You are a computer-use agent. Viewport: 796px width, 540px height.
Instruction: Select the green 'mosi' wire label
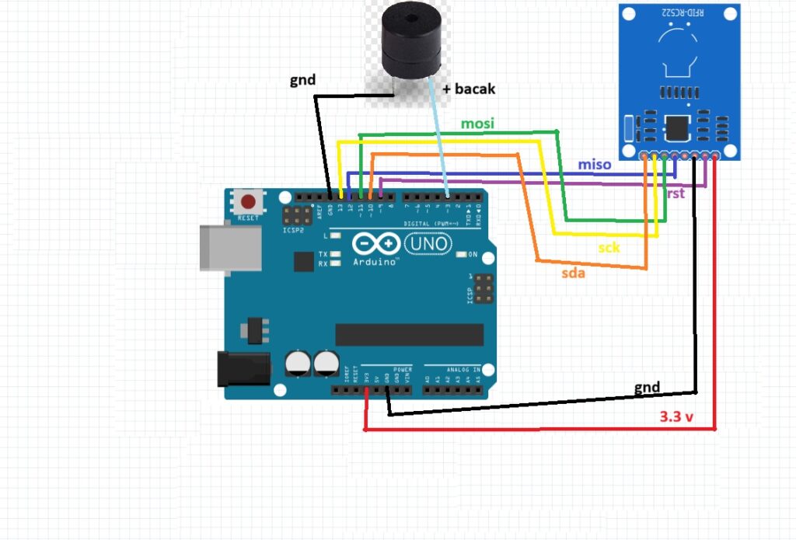coord(478,124)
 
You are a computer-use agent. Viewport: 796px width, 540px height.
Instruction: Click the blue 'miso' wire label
coord(594,165)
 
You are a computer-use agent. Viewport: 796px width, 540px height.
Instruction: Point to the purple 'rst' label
coord(676,193)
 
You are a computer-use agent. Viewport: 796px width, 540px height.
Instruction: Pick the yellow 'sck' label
coord(609,249)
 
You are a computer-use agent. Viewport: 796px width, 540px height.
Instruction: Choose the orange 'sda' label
coord(574,273)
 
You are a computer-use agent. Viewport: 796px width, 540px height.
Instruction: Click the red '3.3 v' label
coord(676,417)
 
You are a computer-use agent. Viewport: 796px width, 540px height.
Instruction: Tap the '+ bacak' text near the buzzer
coord(469,89)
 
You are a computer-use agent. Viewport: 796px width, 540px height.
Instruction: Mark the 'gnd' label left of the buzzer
coord(302,80)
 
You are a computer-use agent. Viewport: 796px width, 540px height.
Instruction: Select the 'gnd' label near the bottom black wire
coord(647,387)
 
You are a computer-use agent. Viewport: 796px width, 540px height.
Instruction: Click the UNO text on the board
coord(428,243)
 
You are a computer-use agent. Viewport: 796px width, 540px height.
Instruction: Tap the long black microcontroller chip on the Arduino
coord(410,334)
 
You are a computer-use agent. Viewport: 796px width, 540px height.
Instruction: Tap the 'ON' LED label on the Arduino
coord(472,254)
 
